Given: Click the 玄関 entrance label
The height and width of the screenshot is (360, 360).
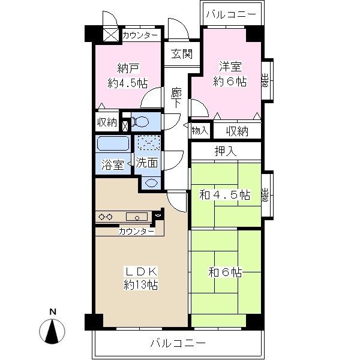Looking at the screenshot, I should (181, 53).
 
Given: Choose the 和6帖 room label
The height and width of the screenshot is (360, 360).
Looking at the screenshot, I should (226, 272).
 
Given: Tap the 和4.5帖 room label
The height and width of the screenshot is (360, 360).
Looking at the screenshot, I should (225, 195).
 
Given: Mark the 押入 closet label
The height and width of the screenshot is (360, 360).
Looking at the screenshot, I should (226, 151).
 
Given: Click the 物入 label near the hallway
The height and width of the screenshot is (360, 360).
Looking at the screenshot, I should (200, 130).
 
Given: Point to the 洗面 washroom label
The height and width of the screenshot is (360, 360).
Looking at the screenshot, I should (146, 163).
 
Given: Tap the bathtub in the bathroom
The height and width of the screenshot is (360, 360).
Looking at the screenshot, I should (113, 144).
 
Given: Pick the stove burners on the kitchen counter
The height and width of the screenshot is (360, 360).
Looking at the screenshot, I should (106, 217).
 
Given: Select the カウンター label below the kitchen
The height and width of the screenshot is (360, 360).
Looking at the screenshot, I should (136, 231).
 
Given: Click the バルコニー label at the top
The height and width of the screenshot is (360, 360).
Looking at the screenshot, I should (230, 13).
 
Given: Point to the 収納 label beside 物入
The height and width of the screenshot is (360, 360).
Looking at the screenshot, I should (238, 130).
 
